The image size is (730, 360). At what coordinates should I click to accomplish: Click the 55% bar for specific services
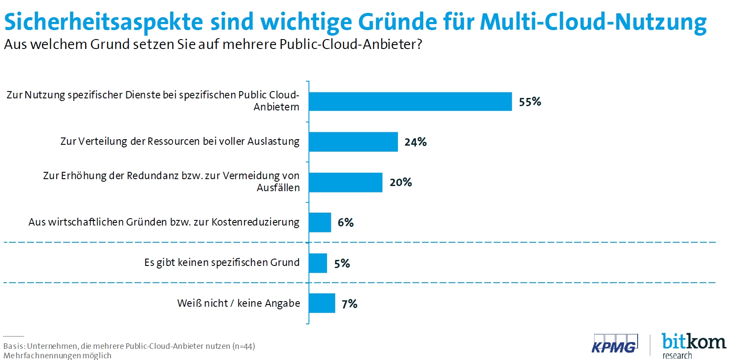tap(410, 102)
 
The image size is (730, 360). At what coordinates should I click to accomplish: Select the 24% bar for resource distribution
tap(353, 142)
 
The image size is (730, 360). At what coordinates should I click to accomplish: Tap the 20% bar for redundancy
tap(345, 183)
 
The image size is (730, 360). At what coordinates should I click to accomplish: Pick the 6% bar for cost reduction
tap(320, 223)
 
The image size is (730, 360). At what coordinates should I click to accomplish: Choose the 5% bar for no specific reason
tap(318, 263)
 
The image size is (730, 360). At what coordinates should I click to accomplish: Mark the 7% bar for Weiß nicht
tap(322, 303)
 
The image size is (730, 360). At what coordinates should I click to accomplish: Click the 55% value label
tap(530, 102)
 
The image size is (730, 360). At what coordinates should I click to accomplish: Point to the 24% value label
tap(415, 142)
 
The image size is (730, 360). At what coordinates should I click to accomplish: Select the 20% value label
tap(400, 183)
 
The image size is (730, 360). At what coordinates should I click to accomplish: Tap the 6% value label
tap(345, 223)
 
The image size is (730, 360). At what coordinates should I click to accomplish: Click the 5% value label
tap(342, 263)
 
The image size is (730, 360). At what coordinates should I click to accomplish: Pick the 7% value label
tap(349, 304)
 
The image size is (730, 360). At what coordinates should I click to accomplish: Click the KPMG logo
tap(614, 344)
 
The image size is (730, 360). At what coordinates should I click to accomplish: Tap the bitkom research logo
tap(693, 345)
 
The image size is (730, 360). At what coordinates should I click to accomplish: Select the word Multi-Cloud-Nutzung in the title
tap(593, 21)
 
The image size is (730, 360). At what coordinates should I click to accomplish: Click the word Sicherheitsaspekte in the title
tap(103, 21)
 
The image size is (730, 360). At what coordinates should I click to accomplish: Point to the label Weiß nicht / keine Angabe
tap(238, 303)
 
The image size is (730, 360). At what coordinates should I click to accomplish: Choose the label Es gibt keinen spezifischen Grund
tap(222, 262)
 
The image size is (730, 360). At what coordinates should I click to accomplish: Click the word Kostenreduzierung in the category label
tap(255, 222)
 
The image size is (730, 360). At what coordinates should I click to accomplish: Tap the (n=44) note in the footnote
tap(244, 346)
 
